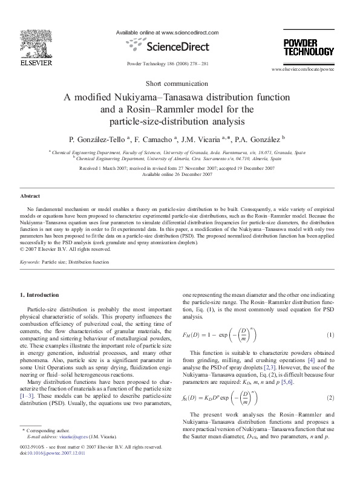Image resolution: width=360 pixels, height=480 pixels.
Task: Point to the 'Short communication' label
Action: coord(180,83)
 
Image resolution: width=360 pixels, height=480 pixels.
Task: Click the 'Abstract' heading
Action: coord(30,196)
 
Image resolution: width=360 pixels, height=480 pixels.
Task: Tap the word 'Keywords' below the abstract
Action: coord(30,262)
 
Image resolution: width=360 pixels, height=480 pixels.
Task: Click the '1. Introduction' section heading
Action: coord(40,295)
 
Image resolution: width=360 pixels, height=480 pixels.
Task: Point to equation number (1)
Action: coord(330,334)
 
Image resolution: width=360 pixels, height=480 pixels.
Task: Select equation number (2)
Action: coord(330,398)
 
